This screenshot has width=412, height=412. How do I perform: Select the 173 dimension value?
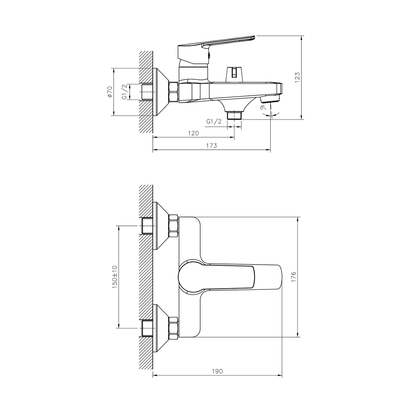[211, 146]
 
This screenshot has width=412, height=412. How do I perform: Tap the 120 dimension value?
[193, 133]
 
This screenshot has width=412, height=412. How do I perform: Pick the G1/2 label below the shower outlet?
[214, 122]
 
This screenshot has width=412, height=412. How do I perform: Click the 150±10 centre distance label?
[115, 277]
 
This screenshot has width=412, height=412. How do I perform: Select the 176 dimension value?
[293, 277]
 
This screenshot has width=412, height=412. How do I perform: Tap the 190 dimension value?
[217, 371]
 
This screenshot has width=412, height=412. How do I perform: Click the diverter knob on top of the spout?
[234, 74]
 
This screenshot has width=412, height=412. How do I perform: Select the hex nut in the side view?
[173, 92]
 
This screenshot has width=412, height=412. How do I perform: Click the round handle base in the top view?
[191, 277]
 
